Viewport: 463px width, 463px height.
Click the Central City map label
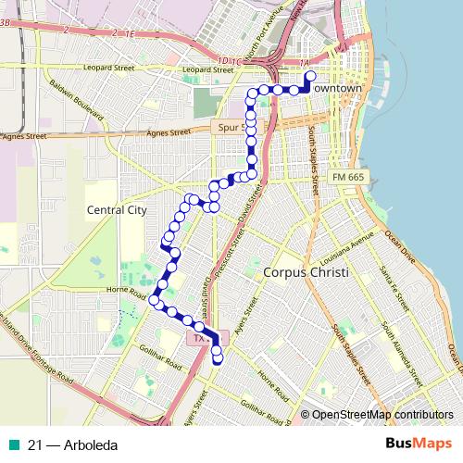(x=117, y=210)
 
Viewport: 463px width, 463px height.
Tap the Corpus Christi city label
(x=305, y=274)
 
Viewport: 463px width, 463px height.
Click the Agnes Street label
(x=25, y=136)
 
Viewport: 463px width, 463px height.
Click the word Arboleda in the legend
(x=92, y=444)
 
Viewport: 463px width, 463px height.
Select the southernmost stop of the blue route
(x=218, y=360)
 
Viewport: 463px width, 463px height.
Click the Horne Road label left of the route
(x=129, y=294)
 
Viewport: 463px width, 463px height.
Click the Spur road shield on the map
(x=231, y=123)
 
